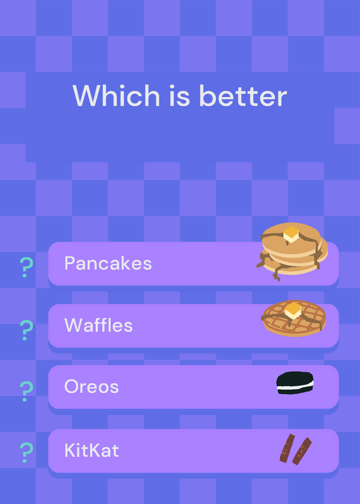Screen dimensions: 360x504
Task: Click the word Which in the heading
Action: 116,96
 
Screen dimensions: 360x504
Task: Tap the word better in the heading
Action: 243,96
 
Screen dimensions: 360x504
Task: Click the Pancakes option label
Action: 108,263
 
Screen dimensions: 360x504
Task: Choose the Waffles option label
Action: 98,325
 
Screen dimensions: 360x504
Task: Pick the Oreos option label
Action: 91,386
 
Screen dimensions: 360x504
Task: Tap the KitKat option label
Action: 91,450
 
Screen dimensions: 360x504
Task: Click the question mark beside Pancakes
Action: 26,267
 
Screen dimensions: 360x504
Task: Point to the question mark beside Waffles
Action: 26,330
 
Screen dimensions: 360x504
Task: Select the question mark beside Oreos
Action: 26,391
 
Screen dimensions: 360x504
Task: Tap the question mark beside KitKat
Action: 26,452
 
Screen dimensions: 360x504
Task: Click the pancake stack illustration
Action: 292,251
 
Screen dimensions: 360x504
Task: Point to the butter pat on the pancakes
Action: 291,234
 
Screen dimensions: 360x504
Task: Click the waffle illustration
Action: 294,319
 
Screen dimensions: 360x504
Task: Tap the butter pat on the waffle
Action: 293,311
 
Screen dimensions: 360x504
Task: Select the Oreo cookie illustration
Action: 295,383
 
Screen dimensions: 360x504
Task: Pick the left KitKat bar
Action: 287,448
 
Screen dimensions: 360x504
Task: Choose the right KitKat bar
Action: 302,451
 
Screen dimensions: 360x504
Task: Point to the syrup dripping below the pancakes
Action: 276,271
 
